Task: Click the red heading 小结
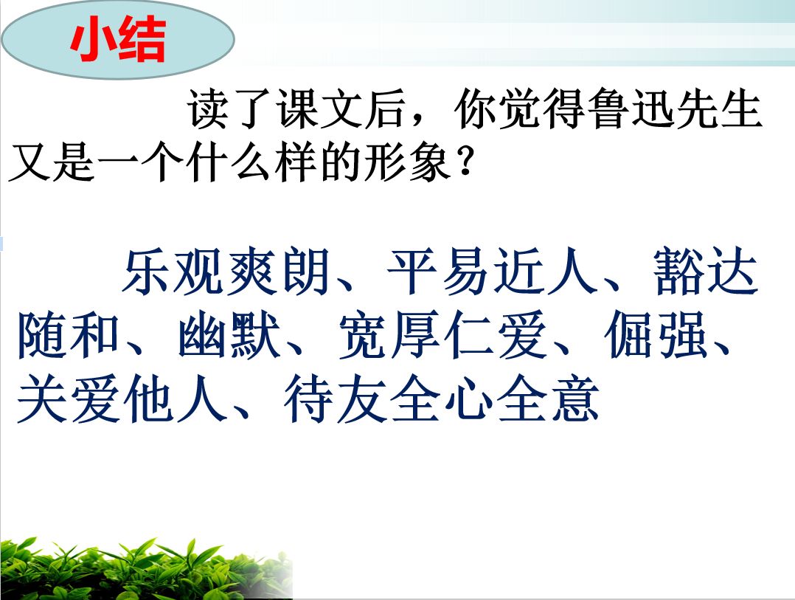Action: click(118, 39)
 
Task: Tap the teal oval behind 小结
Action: click(118, 40)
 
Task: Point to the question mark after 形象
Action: click(464, 162)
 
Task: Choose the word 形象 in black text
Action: click(408, 162)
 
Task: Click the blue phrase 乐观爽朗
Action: click(226, 272)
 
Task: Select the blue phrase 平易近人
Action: click(491, 272)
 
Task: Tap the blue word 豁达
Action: click(705, 272)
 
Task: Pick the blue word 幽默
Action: click(229, 335)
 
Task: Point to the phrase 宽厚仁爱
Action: click(442, 335)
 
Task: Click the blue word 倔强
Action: click(656, 335)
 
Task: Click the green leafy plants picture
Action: click(146, 569)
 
